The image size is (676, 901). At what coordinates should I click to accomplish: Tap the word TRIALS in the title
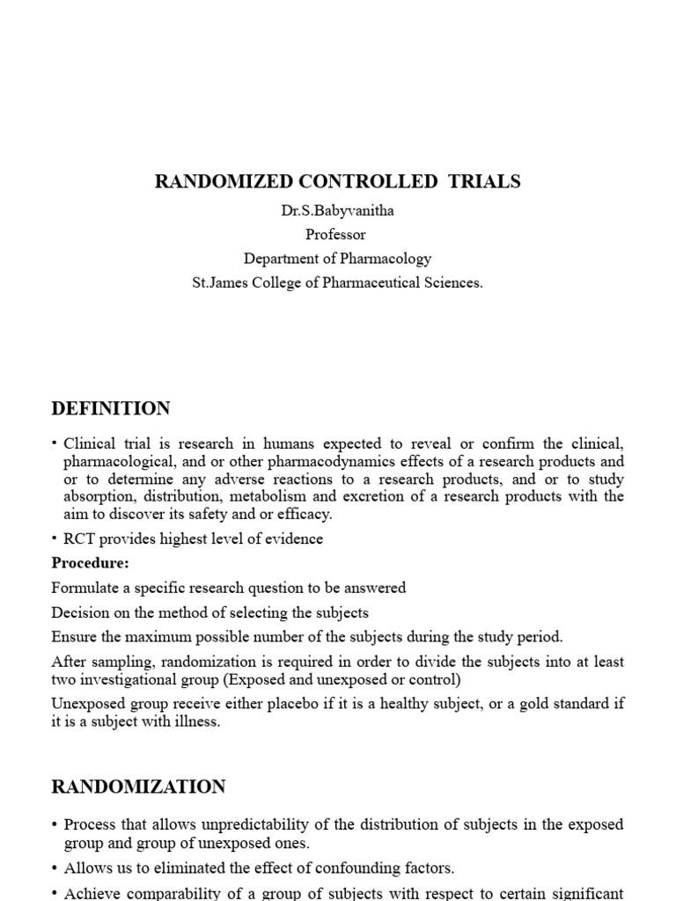point(485,182)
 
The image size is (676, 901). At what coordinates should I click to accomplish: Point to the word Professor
point(335,235)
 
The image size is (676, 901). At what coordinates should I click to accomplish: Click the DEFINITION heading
point(111,409)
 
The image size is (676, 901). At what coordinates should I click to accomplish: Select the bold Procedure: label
point(91,562)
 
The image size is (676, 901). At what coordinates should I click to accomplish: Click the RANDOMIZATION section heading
point(138,787)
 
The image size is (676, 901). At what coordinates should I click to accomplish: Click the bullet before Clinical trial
point(55,444)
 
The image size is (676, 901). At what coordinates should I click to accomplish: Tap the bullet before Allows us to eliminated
point(55,868)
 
